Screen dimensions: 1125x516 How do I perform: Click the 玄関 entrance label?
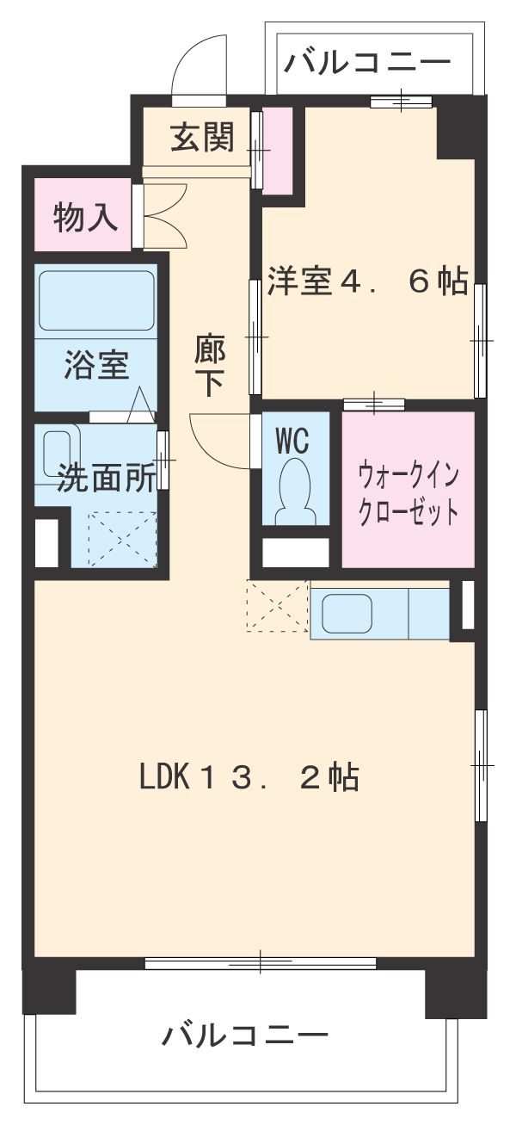click(x=201, y=139)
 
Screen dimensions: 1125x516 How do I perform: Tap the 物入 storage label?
click(x=85, y=218)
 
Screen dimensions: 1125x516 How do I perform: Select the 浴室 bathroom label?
click(x=96, y=366)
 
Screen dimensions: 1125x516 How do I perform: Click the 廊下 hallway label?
click(x=210, y=366)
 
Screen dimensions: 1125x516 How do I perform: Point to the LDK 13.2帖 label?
click(x=249, y=778)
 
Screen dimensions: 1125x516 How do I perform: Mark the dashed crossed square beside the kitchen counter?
click(x=277, y=607)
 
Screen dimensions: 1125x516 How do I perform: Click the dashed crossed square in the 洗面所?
click(x=122, y=538)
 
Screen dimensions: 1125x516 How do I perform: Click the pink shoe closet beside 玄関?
click(x=277, y=148)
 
